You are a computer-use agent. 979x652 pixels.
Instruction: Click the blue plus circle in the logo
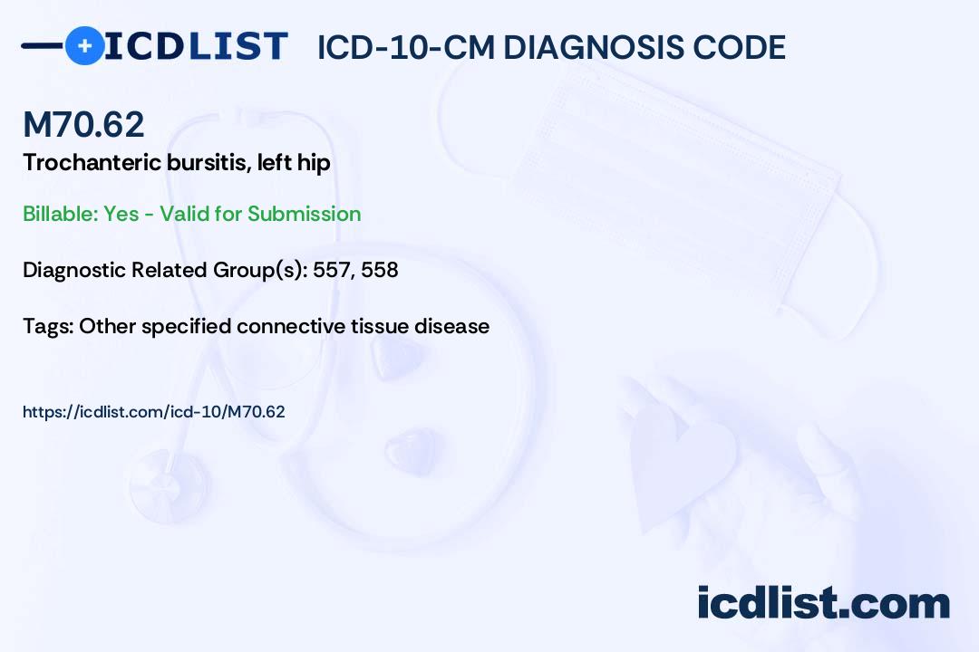pos(84,45)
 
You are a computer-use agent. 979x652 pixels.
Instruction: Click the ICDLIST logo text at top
pos(196,46)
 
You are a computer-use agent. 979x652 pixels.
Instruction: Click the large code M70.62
pos(83,124)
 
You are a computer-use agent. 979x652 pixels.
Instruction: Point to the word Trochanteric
pos(92,162)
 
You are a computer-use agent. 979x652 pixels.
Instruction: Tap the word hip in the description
pos(314,164)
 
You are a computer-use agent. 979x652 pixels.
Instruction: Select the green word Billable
pos(60,214)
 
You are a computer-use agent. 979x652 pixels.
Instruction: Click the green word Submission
pos(304,214)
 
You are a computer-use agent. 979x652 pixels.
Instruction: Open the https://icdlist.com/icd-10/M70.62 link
pos(153,412)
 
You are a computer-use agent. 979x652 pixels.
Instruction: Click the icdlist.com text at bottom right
pos(823,603)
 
